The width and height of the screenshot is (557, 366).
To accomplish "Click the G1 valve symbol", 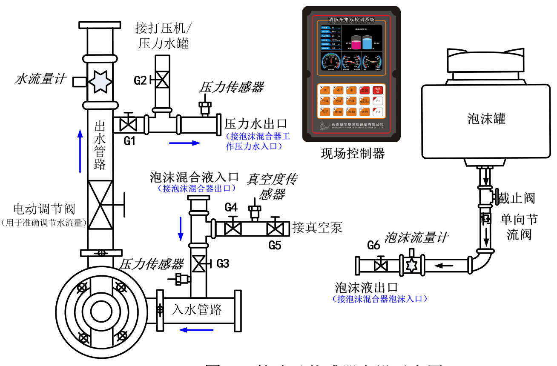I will point(126,125).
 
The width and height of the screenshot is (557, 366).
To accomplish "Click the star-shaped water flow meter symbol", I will point(100,80).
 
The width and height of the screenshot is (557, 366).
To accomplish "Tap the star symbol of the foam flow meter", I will point(411,265).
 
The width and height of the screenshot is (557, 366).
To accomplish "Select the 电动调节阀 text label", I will point(44,209).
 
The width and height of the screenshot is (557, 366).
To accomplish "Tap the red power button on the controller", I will point(377,90).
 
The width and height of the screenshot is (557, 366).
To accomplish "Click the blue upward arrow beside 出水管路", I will point(80,151).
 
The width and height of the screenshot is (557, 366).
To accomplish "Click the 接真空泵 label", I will point(317,228).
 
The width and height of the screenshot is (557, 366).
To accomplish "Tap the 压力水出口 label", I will point(256,124).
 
